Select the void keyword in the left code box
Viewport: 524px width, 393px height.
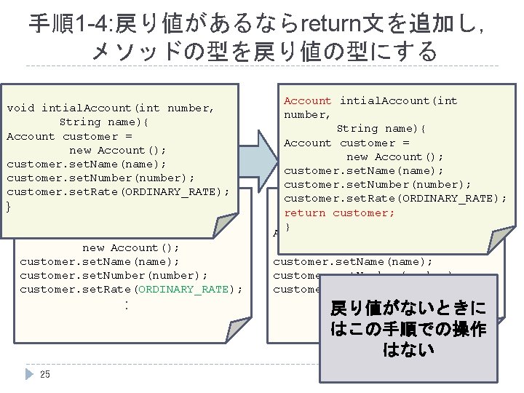20,108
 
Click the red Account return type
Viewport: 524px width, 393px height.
307,100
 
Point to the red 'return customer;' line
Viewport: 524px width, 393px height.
339,213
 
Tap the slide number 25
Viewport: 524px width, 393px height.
45,375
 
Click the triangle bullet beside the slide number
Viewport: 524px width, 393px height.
30,374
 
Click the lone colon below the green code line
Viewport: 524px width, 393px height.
127,304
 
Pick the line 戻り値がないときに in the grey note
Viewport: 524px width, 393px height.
408,307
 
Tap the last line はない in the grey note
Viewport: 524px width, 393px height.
408,350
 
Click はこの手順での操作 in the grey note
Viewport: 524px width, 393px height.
408,329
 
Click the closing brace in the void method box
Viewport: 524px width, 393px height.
9,207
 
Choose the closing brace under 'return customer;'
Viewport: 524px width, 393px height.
287,227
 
